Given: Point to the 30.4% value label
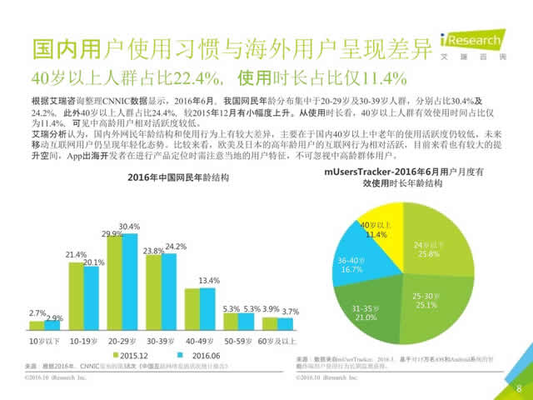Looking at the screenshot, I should point(129,227).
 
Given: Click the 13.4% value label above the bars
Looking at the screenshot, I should point(209,280).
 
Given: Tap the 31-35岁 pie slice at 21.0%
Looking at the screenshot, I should point(369,311).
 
